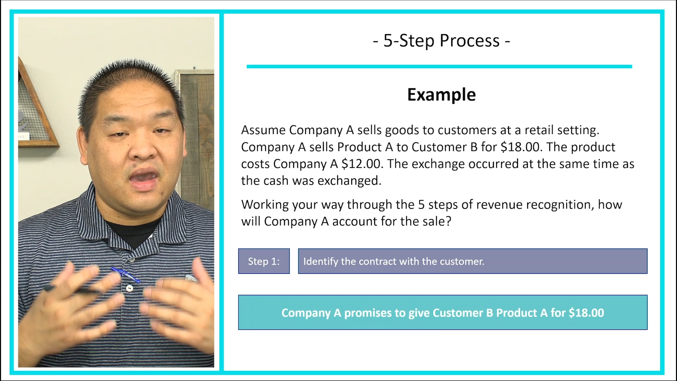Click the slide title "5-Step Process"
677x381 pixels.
pos(441,41)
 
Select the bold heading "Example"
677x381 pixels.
pos(441,95)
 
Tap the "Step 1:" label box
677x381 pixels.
pos(264,261)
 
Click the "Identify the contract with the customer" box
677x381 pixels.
pos(472,261)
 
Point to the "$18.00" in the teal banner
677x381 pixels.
pos(586,313)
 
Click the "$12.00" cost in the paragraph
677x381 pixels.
pos(361,164)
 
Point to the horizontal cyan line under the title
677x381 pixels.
pos(439,66)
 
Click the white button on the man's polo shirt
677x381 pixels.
pos(129,289)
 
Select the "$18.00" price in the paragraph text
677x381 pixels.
pos(520,147)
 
